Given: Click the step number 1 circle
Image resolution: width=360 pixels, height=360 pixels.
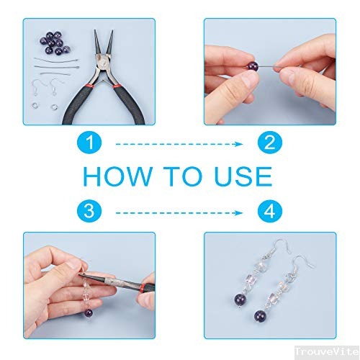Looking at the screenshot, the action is (89, 143).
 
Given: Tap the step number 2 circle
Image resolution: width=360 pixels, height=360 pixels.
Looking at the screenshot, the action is (270, 143).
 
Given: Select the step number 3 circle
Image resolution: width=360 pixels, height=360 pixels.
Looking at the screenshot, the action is (89, 211).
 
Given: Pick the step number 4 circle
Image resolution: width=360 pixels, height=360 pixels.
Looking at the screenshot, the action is (270, 211).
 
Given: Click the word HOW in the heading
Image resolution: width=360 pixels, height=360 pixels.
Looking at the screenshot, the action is (118, 176).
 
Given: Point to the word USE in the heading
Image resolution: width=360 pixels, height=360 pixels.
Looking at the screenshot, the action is (243, 176).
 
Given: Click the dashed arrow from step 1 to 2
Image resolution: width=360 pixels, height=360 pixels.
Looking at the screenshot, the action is (179, 144).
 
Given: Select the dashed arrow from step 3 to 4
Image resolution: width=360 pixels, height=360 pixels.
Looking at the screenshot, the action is (179, 213).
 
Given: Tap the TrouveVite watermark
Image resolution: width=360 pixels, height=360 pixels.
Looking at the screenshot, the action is (327, 352).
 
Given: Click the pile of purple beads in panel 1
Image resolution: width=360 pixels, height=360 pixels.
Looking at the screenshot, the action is (55, 43).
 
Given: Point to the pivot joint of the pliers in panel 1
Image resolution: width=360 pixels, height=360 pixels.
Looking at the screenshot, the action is (104, 63).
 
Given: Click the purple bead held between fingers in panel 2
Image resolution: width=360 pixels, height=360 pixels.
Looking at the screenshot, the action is (253, 66).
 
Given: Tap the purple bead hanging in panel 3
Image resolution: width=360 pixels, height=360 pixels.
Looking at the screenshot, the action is (88, 314).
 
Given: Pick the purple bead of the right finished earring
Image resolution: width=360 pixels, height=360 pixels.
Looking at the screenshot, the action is (261, 316).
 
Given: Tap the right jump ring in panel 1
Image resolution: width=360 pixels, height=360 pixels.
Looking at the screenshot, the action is (55, 107).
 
